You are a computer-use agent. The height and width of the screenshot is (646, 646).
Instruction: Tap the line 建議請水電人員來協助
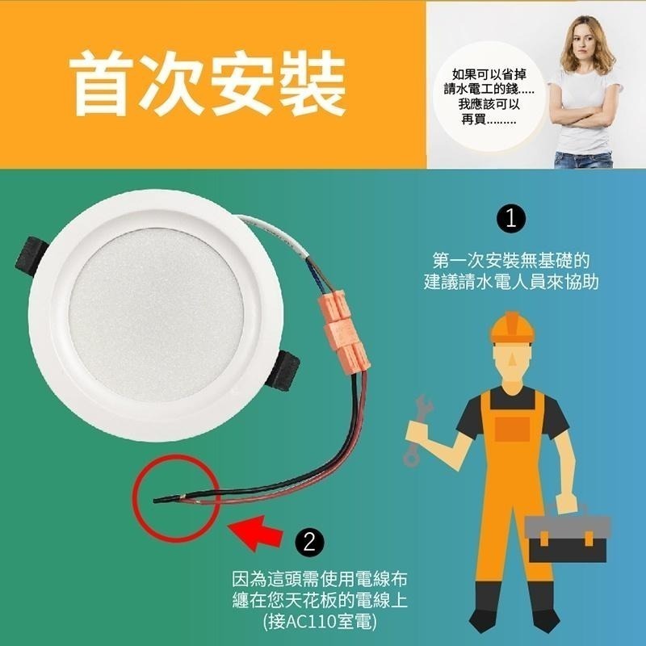coord(511,284)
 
